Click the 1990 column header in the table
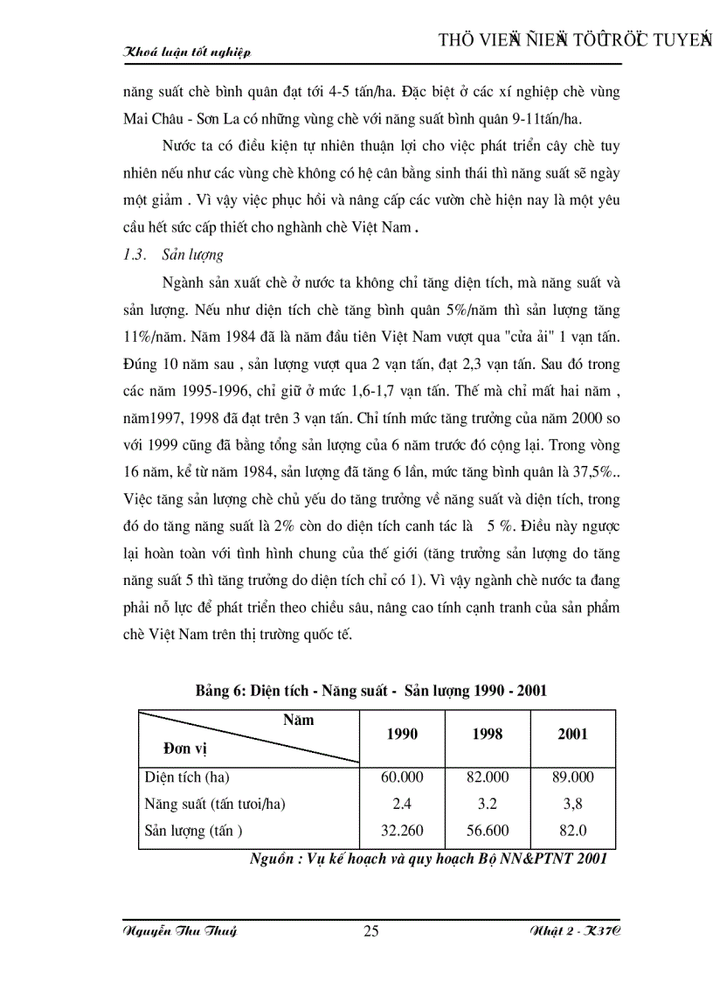point(402,734)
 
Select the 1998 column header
point(488,734)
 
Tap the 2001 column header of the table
point(572,734)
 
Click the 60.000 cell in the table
point(402,777)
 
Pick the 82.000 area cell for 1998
point(488,777)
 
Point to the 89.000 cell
point(572,777)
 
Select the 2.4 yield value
point(402,804)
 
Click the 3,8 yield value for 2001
point(572,804)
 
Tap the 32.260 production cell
point(402,831)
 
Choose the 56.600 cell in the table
point(488,831)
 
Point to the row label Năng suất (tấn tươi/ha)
point(215,804)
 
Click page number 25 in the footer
point(370,931)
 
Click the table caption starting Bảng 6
point(371,690)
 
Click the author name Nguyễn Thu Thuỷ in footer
point(180,931)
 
